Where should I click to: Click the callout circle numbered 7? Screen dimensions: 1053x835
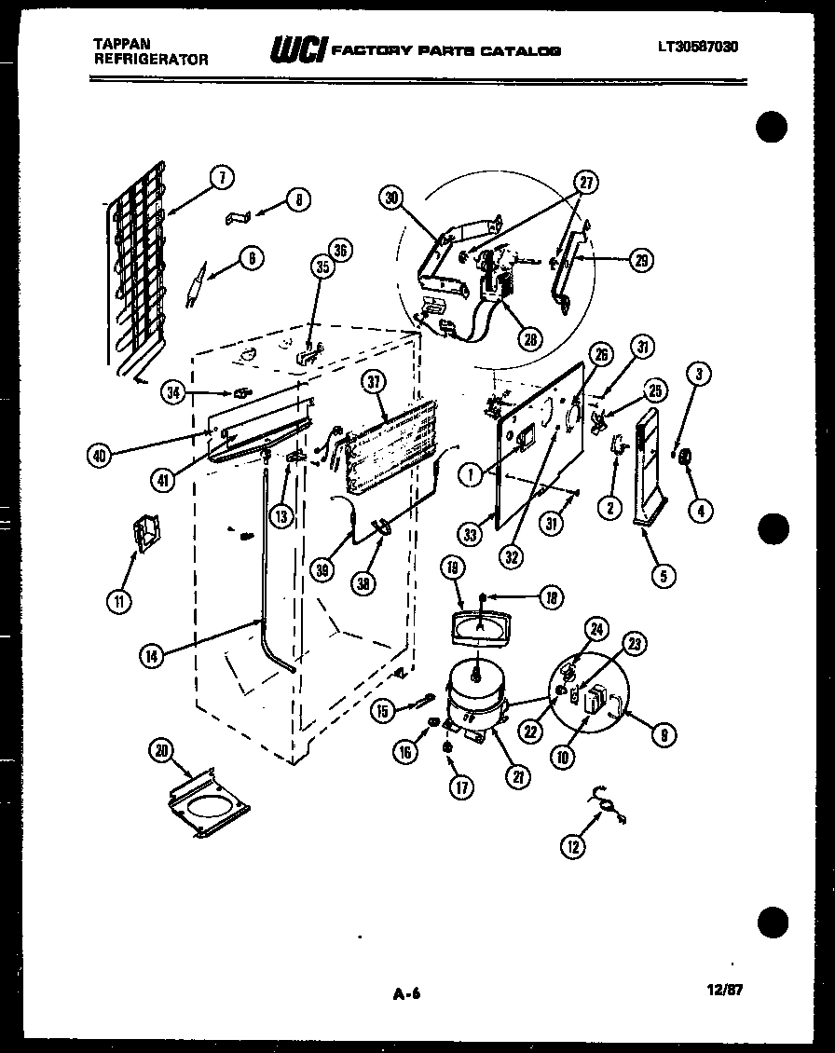(x=222, y=178)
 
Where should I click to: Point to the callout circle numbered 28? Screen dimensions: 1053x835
(x=530, y=340)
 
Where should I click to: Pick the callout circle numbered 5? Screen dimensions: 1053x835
(x=663, y=577)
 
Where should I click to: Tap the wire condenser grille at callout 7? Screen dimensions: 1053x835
(x=135, y=270)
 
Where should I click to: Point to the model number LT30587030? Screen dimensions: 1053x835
(x=696, y=46)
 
